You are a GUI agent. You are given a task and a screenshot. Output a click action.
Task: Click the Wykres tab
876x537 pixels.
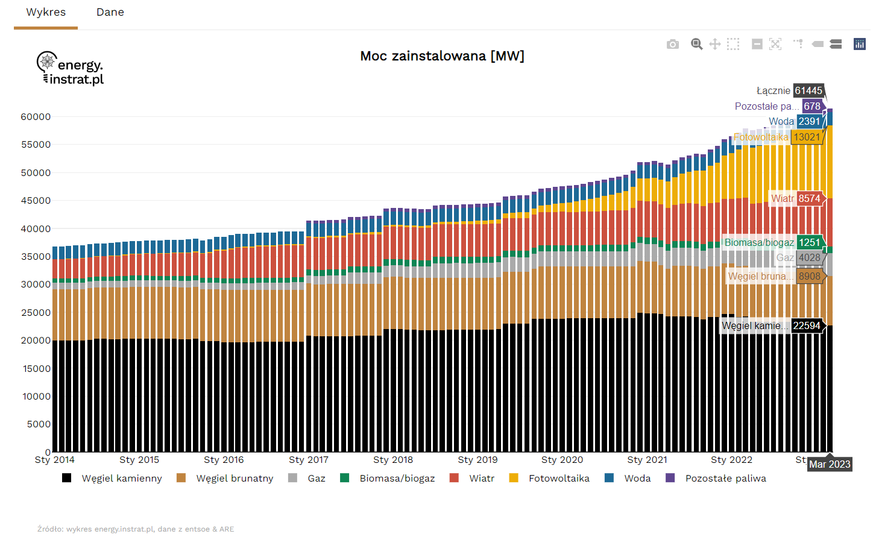[x=46, y=13]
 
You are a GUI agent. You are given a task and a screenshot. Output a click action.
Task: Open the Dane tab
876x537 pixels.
[x=110, y=13]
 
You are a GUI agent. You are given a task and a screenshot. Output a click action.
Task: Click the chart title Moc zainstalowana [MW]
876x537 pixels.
[x=442, y=56]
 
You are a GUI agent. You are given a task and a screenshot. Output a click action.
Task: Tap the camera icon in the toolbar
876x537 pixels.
[x=673, y=44]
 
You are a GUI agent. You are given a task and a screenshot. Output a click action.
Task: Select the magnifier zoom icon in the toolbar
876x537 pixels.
[x=696, y=44]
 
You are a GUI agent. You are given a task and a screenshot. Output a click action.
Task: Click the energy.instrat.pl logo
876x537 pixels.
[x=71, y=68]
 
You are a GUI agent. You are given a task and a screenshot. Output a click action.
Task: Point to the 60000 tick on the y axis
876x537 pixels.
[x=36, y=117]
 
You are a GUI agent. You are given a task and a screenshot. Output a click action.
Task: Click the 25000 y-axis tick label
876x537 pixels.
[x=36, y=313]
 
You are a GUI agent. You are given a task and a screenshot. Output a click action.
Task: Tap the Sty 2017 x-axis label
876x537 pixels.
[x=309, y=460]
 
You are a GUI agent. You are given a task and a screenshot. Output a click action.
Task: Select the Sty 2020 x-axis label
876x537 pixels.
[x=562, y=460]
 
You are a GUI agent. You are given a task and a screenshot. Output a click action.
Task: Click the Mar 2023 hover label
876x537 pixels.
[x=830, y=464]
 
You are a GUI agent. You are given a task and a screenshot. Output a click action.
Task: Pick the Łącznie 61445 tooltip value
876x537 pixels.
[x=808, y=90]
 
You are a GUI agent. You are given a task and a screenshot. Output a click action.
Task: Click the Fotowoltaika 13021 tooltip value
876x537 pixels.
[x=807, y=137]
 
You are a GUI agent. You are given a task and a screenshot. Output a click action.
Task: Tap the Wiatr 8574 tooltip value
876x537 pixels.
[x=809, y=198]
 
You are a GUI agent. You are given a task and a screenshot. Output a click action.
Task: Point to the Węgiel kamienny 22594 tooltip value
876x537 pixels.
[x=807, y=325]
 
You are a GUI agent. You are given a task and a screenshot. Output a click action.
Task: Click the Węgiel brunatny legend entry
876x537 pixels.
[x=235, y=479]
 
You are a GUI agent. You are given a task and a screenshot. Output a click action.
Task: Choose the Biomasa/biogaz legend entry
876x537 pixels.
[x=397, y=479]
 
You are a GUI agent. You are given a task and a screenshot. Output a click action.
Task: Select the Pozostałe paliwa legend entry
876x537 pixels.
[x=725, y=479]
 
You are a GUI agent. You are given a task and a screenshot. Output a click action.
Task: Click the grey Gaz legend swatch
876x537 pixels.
[x=293, y=478]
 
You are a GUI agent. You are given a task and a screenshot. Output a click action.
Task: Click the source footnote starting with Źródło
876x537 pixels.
[x=136, y=529]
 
